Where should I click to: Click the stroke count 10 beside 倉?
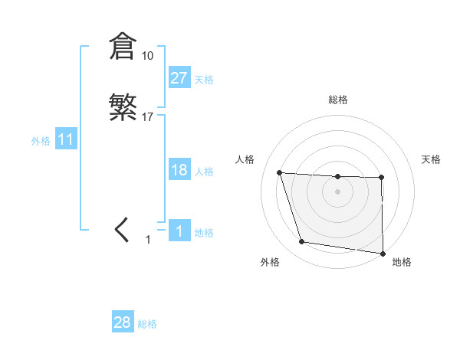pyautogui.click(x=147, y=56)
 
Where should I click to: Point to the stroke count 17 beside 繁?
pyautogui.click(x=148, y=117)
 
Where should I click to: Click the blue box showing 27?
pyautogui.click(x=179, y=78)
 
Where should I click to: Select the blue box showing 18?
pyautogui.click(x=179, y=170)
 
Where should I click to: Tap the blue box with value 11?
pyautogui.click(x=66, y=139)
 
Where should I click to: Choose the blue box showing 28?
pyautogui.click(x=123, y=322)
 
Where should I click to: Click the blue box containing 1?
pyautogui.click(x=179, y=231)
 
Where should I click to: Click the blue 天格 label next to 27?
pyautogui.click(x=204, y=80)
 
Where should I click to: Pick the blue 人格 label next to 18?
pyautogui.click(x=204, y=172)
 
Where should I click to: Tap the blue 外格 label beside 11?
pyautogui.click(x=41, y=141)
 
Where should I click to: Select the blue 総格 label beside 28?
pyautogui.click(x=147, y=324)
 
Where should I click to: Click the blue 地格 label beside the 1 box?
pyautogui.click(x=204, y=233)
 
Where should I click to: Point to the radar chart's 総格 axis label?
pyautogui.click(x=338, y=100)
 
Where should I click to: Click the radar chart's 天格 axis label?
pyautogui.click(x=432, y=159)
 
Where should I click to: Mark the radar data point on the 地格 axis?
pyautogui.click(x=383, y=254)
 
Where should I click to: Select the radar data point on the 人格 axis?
pyautogui.click(x=280, y=172)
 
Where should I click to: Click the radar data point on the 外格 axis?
pyautogui.click(x=302, y=242)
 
